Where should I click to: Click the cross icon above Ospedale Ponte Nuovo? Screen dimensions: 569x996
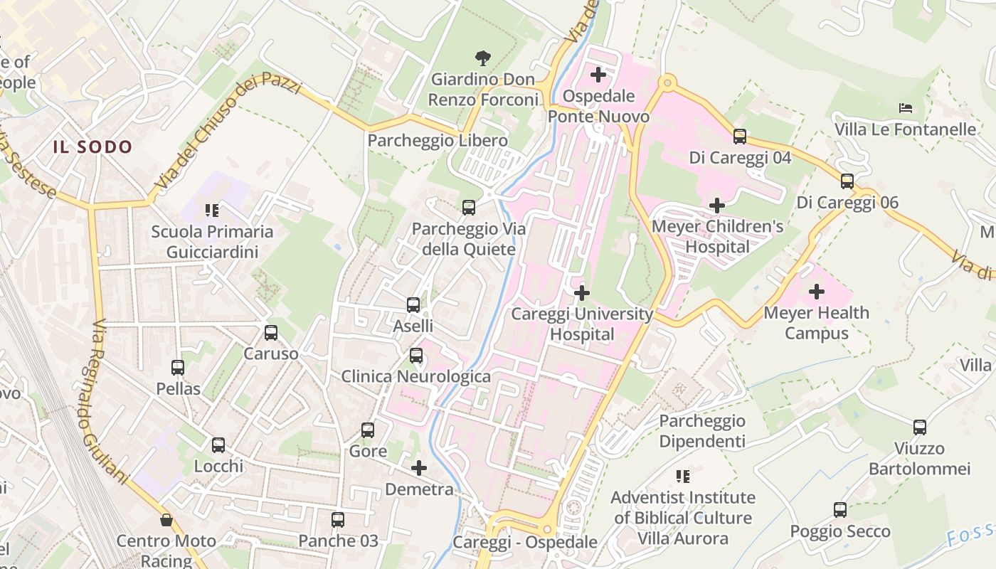click(598, 74)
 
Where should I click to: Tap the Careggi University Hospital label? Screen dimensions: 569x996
click(582, 324)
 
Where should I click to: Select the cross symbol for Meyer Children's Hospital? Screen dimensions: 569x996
click(717, 206)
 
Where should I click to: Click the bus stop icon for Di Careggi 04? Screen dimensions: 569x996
click(740, 136)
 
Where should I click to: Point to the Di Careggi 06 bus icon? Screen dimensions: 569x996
click(847, 181)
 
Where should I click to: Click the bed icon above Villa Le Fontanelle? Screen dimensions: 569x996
click(906, 108)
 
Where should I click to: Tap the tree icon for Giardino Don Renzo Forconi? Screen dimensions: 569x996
click(483, 58)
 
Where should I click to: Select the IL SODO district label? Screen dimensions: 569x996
click(92, 147)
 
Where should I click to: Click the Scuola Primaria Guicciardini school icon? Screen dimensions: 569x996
click(211, 210)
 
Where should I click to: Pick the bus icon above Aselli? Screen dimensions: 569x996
click(413, 304)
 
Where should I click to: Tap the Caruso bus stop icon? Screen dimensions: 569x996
click(271, 332)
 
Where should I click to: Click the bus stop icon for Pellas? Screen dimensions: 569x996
click(178, 367)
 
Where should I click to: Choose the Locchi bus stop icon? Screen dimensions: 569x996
click(218, 445)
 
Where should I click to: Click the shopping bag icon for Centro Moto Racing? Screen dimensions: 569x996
click(166, 520)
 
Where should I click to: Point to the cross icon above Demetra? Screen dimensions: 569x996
click(419, 467)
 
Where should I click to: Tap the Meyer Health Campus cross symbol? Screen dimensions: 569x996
click(817, 291)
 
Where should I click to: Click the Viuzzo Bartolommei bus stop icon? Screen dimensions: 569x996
click(920, 427)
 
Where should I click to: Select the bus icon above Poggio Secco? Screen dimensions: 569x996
click(840, 509)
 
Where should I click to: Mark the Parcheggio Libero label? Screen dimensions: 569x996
click(438, 141)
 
